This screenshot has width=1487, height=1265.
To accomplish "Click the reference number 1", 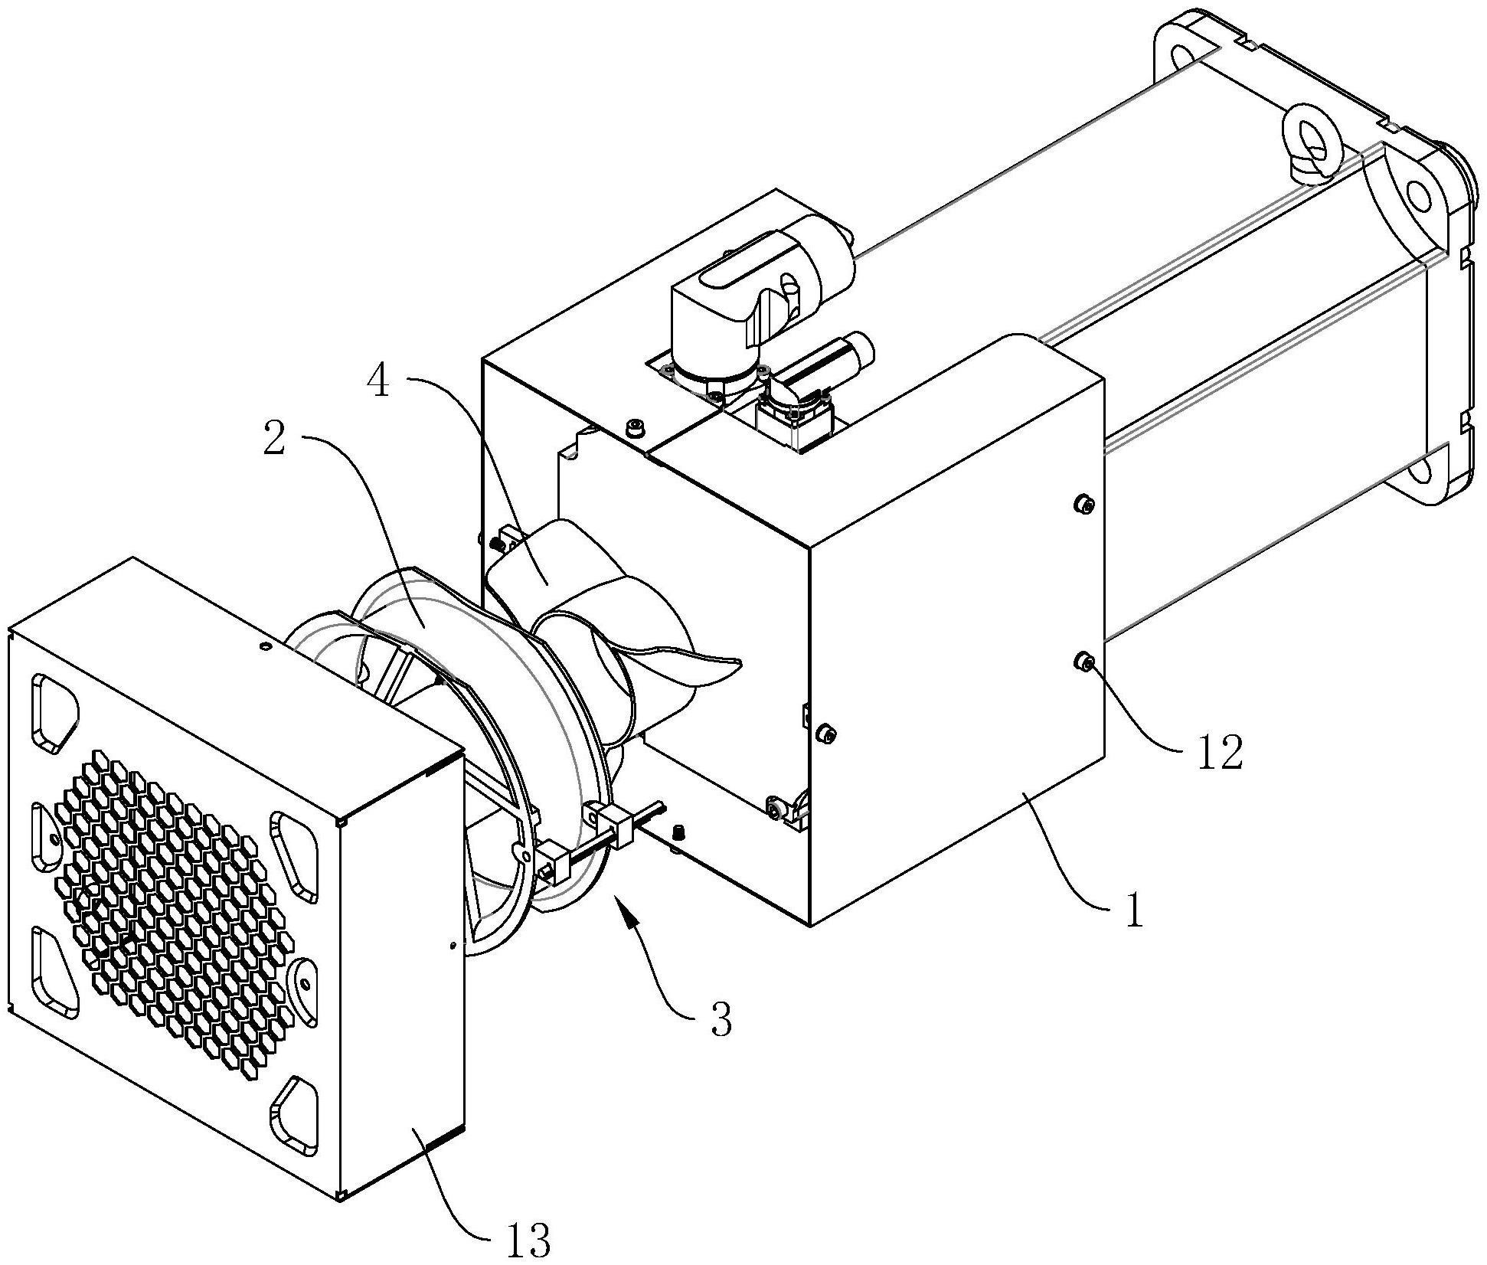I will coord(1132,912).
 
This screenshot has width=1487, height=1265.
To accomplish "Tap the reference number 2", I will coord(275,439).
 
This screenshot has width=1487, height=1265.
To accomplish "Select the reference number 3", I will coord(720,1019).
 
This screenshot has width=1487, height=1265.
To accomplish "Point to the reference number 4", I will coord(379,381).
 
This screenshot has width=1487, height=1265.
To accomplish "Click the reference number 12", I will coord(1221,753).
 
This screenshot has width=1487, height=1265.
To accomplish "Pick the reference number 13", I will coord(528,1239).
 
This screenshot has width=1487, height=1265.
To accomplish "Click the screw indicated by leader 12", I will coord(1084,662).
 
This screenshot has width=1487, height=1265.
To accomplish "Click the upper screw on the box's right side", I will coord(1084,504).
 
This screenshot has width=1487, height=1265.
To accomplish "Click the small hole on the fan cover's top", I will coord(265,648).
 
